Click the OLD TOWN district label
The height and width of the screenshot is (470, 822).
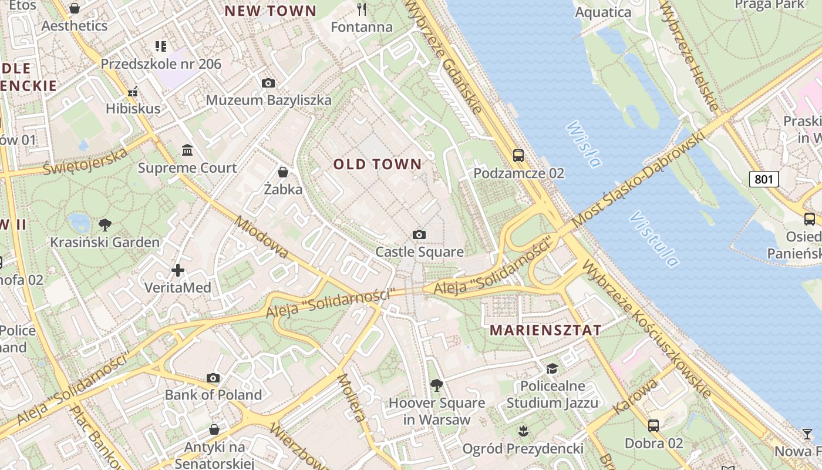(378, 164)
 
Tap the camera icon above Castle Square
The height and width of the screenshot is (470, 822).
(419, 235)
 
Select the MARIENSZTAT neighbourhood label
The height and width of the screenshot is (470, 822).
(545, 330)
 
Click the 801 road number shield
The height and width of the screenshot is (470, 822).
(763, 179)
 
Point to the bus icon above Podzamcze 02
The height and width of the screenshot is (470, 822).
(518, 156)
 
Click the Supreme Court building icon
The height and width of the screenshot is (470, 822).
(187, 150)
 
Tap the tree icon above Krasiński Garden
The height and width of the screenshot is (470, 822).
(105, 224)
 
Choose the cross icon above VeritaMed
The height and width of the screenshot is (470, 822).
(178, 270)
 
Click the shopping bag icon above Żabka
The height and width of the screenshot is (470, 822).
(283, 172)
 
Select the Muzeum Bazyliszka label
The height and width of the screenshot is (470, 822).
(268, 100)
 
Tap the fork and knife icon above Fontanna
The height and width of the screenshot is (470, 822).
(362, 9)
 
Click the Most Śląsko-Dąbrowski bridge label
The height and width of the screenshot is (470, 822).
(637, 180)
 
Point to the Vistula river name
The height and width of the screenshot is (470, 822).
(653, 239)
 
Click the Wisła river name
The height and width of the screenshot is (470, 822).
(584, 144)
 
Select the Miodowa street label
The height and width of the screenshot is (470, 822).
(262, 237)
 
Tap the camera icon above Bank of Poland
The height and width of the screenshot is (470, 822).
(213, 378)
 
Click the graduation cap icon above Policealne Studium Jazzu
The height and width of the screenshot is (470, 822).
(552, 368)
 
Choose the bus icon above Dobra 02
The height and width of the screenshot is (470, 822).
(653, 425)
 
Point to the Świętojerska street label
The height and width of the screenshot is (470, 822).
(86, 162)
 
